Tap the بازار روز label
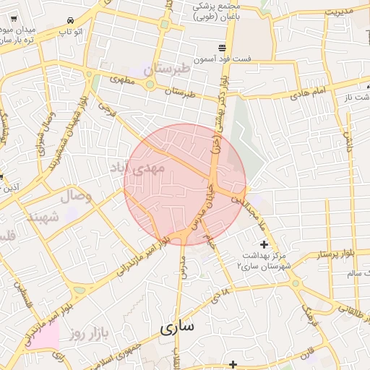click(89, 334)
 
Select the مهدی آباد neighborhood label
click(137, 168)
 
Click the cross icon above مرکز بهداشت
click(263, 245)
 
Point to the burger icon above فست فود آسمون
click(221, 46)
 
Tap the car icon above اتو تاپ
click(70, 22)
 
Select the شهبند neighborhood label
click(42, 217)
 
